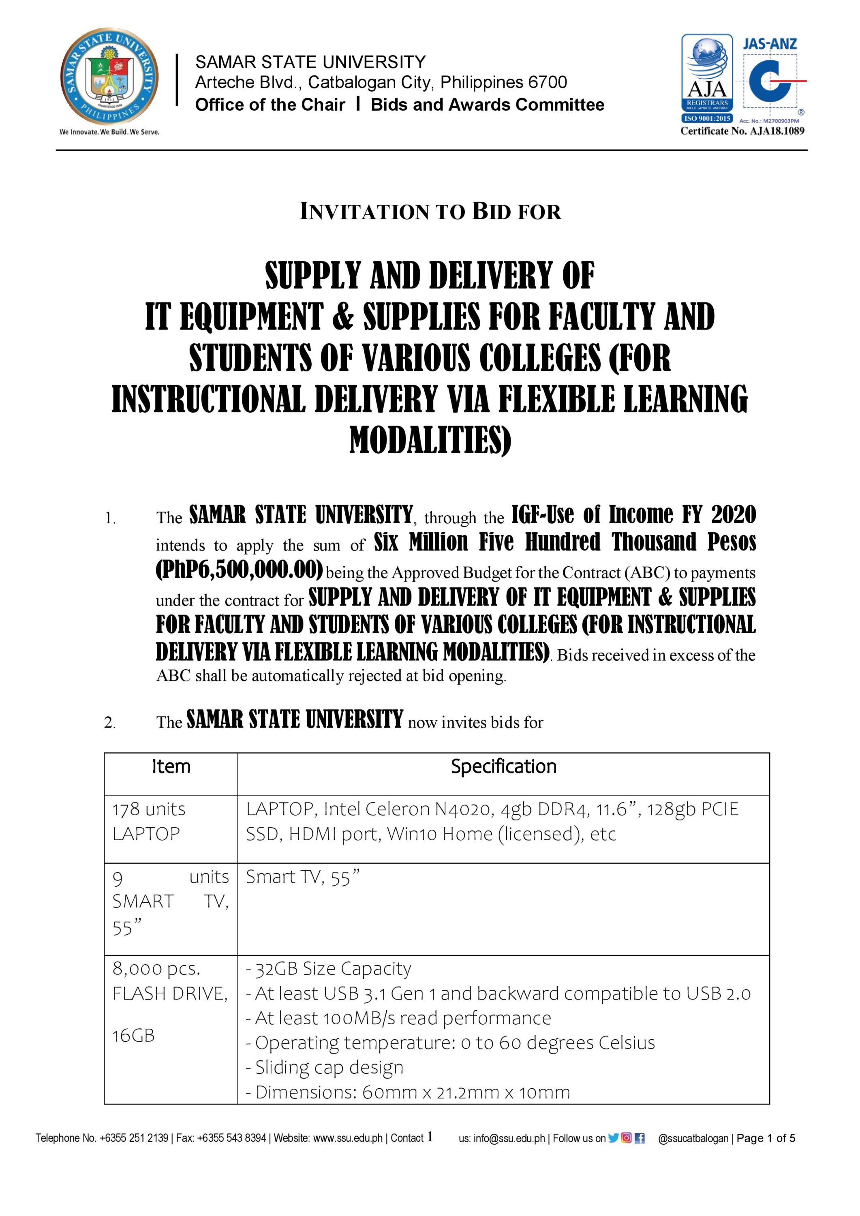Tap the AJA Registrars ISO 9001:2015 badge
coord(707,78)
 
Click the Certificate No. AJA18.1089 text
coord(742,131)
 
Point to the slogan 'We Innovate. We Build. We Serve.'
coord(109,132)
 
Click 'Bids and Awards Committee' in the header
coord(487,105)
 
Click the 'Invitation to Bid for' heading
coord(430,212)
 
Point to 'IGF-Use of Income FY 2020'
coord(633,514)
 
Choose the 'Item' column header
coord(171,766)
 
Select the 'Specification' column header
coord(503,766)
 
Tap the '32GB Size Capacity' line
coord(328,969)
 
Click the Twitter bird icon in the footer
coord(613,1138)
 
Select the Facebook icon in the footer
coord(639,1138)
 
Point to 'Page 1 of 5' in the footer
coord(766,1138)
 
